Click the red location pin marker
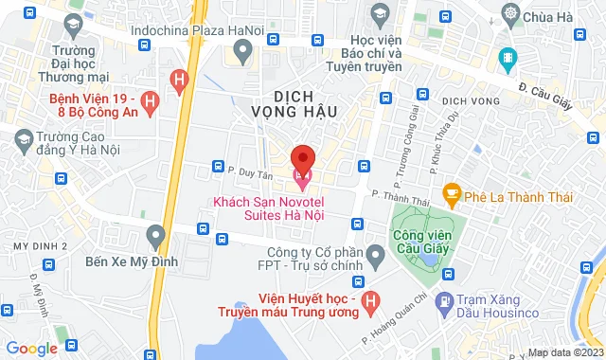pos(302,155)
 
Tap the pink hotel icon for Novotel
pos(302,175)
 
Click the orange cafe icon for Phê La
pos(452,195)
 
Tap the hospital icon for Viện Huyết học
pos(370,302)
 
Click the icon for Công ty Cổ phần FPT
pos(375,254)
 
